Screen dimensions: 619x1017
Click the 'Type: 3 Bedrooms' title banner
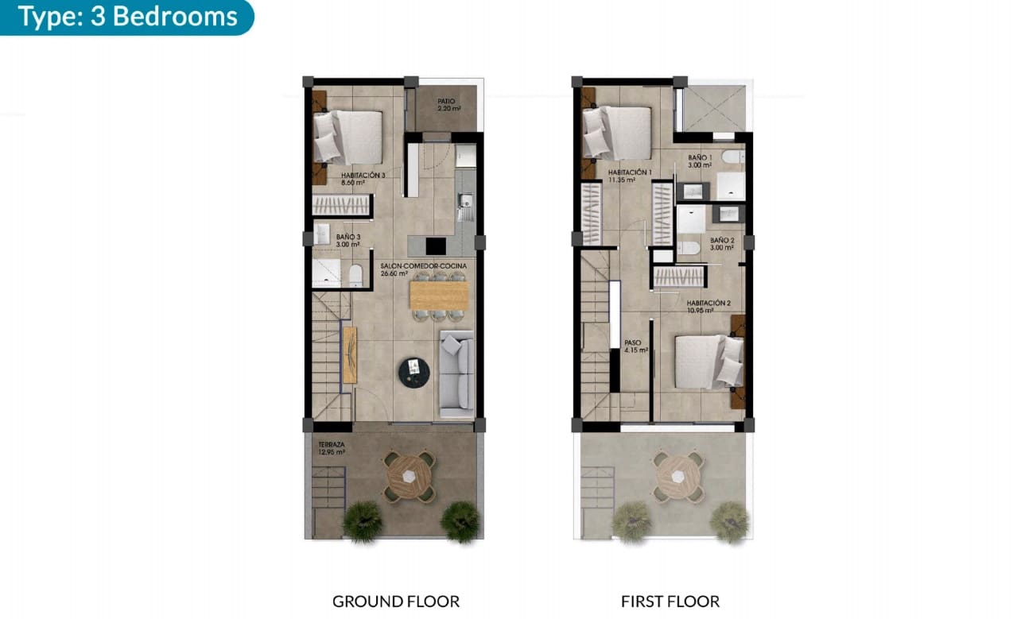[127, 17]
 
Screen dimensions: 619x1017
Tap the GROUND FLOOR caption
[395, 601]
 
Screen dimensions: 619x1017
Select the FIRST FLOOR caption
[670, 601]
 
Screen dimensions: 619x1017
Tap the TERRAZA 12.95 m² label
[331, 448]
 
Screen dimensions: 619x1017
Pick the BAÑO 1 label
[700, 161]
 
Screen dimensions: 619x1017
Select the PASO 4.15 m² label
[635, 346]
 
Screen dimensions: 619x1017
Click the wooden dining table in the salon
[438, 296]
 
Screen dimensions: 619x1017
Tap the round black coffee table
[413, 369]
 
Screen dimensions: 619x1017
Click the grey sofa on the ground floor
[456, 373]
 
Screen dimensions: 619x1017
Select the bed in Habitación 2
[708, 362]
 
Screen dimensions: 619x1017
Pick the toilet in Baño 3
[355, 276]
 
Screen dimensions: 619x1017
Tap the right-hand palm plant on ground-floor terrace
[460, 521]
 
